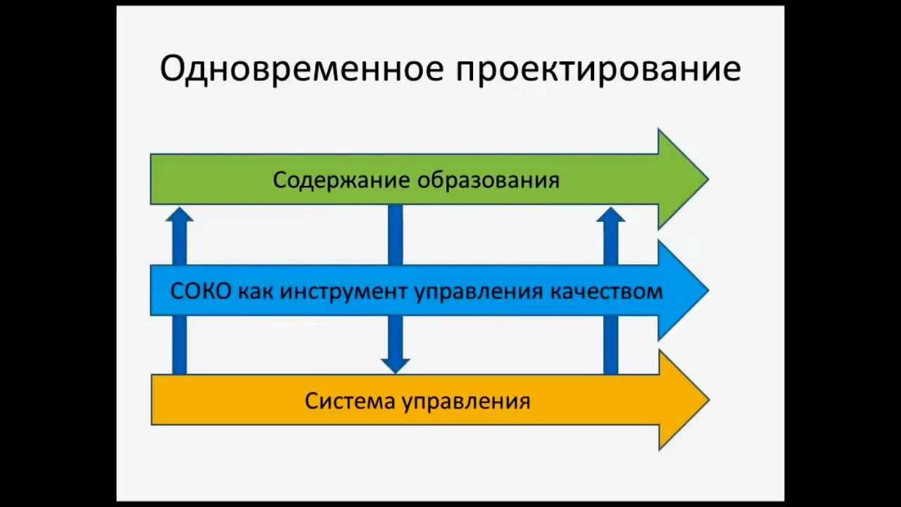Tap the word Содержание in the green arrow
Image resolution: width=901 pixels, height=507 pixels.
point(341,180)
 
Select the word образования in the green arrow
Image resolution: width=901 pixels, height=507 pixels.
point(489,180)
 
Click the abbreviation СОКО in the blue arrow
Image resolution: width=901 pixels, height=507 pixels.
point(201,291)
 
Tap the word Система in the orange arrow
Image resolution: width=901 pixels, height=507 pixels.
point(349,401)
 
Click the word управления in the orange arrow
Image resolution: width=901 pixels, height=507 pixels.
point(466,401)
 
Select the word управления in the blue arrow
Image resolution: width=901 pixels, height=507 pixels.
point(478,291)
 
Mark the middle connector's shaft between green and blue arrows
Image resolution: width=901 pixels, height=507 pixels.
point(395,234)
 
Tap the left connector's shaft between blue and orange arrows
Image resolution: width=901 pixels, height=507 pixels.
point(179,344)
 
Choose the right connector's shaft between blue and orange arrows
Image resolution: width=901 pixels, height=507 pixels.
point(610,344)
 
